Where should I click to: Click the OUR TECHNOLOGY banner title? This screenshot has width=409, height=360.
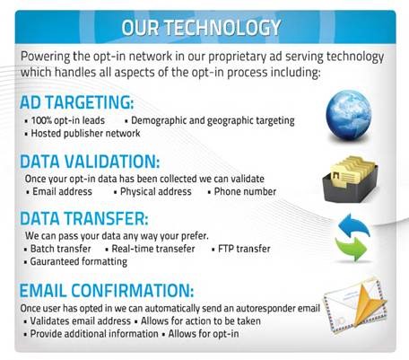201,28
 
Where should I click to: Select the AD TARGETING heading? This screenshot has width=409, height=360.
76,102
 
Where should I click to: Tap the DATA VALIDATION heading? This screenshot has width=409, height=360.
90,162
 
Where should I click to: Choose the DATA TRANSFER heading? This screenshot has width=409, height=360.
84,218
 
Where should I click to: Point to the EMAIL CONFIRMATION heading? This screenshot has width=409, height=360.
107,291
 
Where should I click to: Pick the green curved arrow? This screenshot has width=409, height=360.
351,249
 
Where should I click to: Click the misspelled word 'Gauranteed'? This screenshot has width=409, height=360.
55,261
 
